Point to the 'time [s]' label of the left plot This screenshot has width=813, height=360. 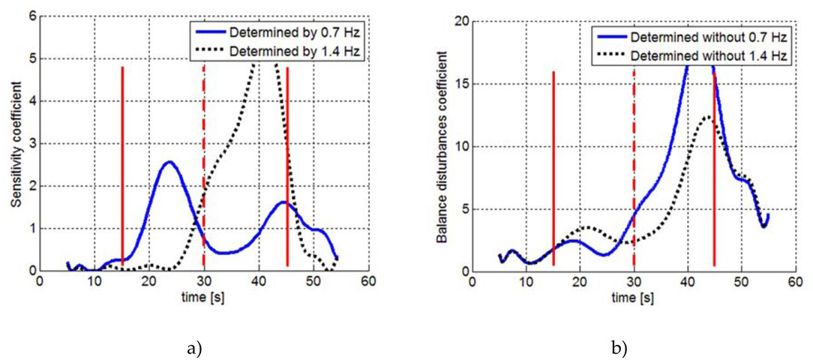[203, 298]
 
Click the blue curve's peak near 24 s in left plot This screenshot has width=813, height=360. [169, 162]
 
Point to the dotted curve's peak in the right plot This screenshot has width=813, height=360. [706, 116]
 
